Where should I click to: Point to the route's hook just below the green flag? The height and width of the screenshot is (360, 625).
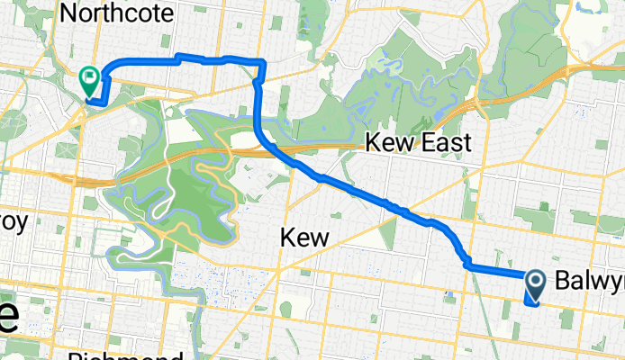[x=97, y=100]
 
